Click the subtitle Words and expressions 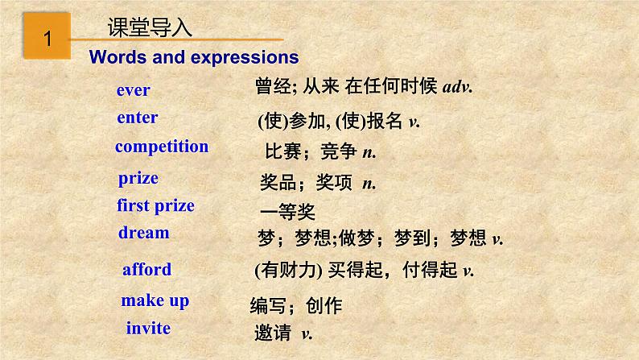[194, 57]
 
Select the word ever [133, 90]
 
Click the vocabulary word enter [137, 118]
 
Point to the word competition [162, 147]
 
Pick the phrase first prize [155, 205]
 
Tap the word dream [143, 233]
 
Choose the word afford [146, 269]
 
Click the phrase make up [155, 300]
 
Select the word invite [148, 328]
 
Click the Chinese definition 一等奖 [287, 212]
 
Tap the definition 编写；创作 [296, 306]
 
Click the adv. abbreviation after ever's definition [457, 87]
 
